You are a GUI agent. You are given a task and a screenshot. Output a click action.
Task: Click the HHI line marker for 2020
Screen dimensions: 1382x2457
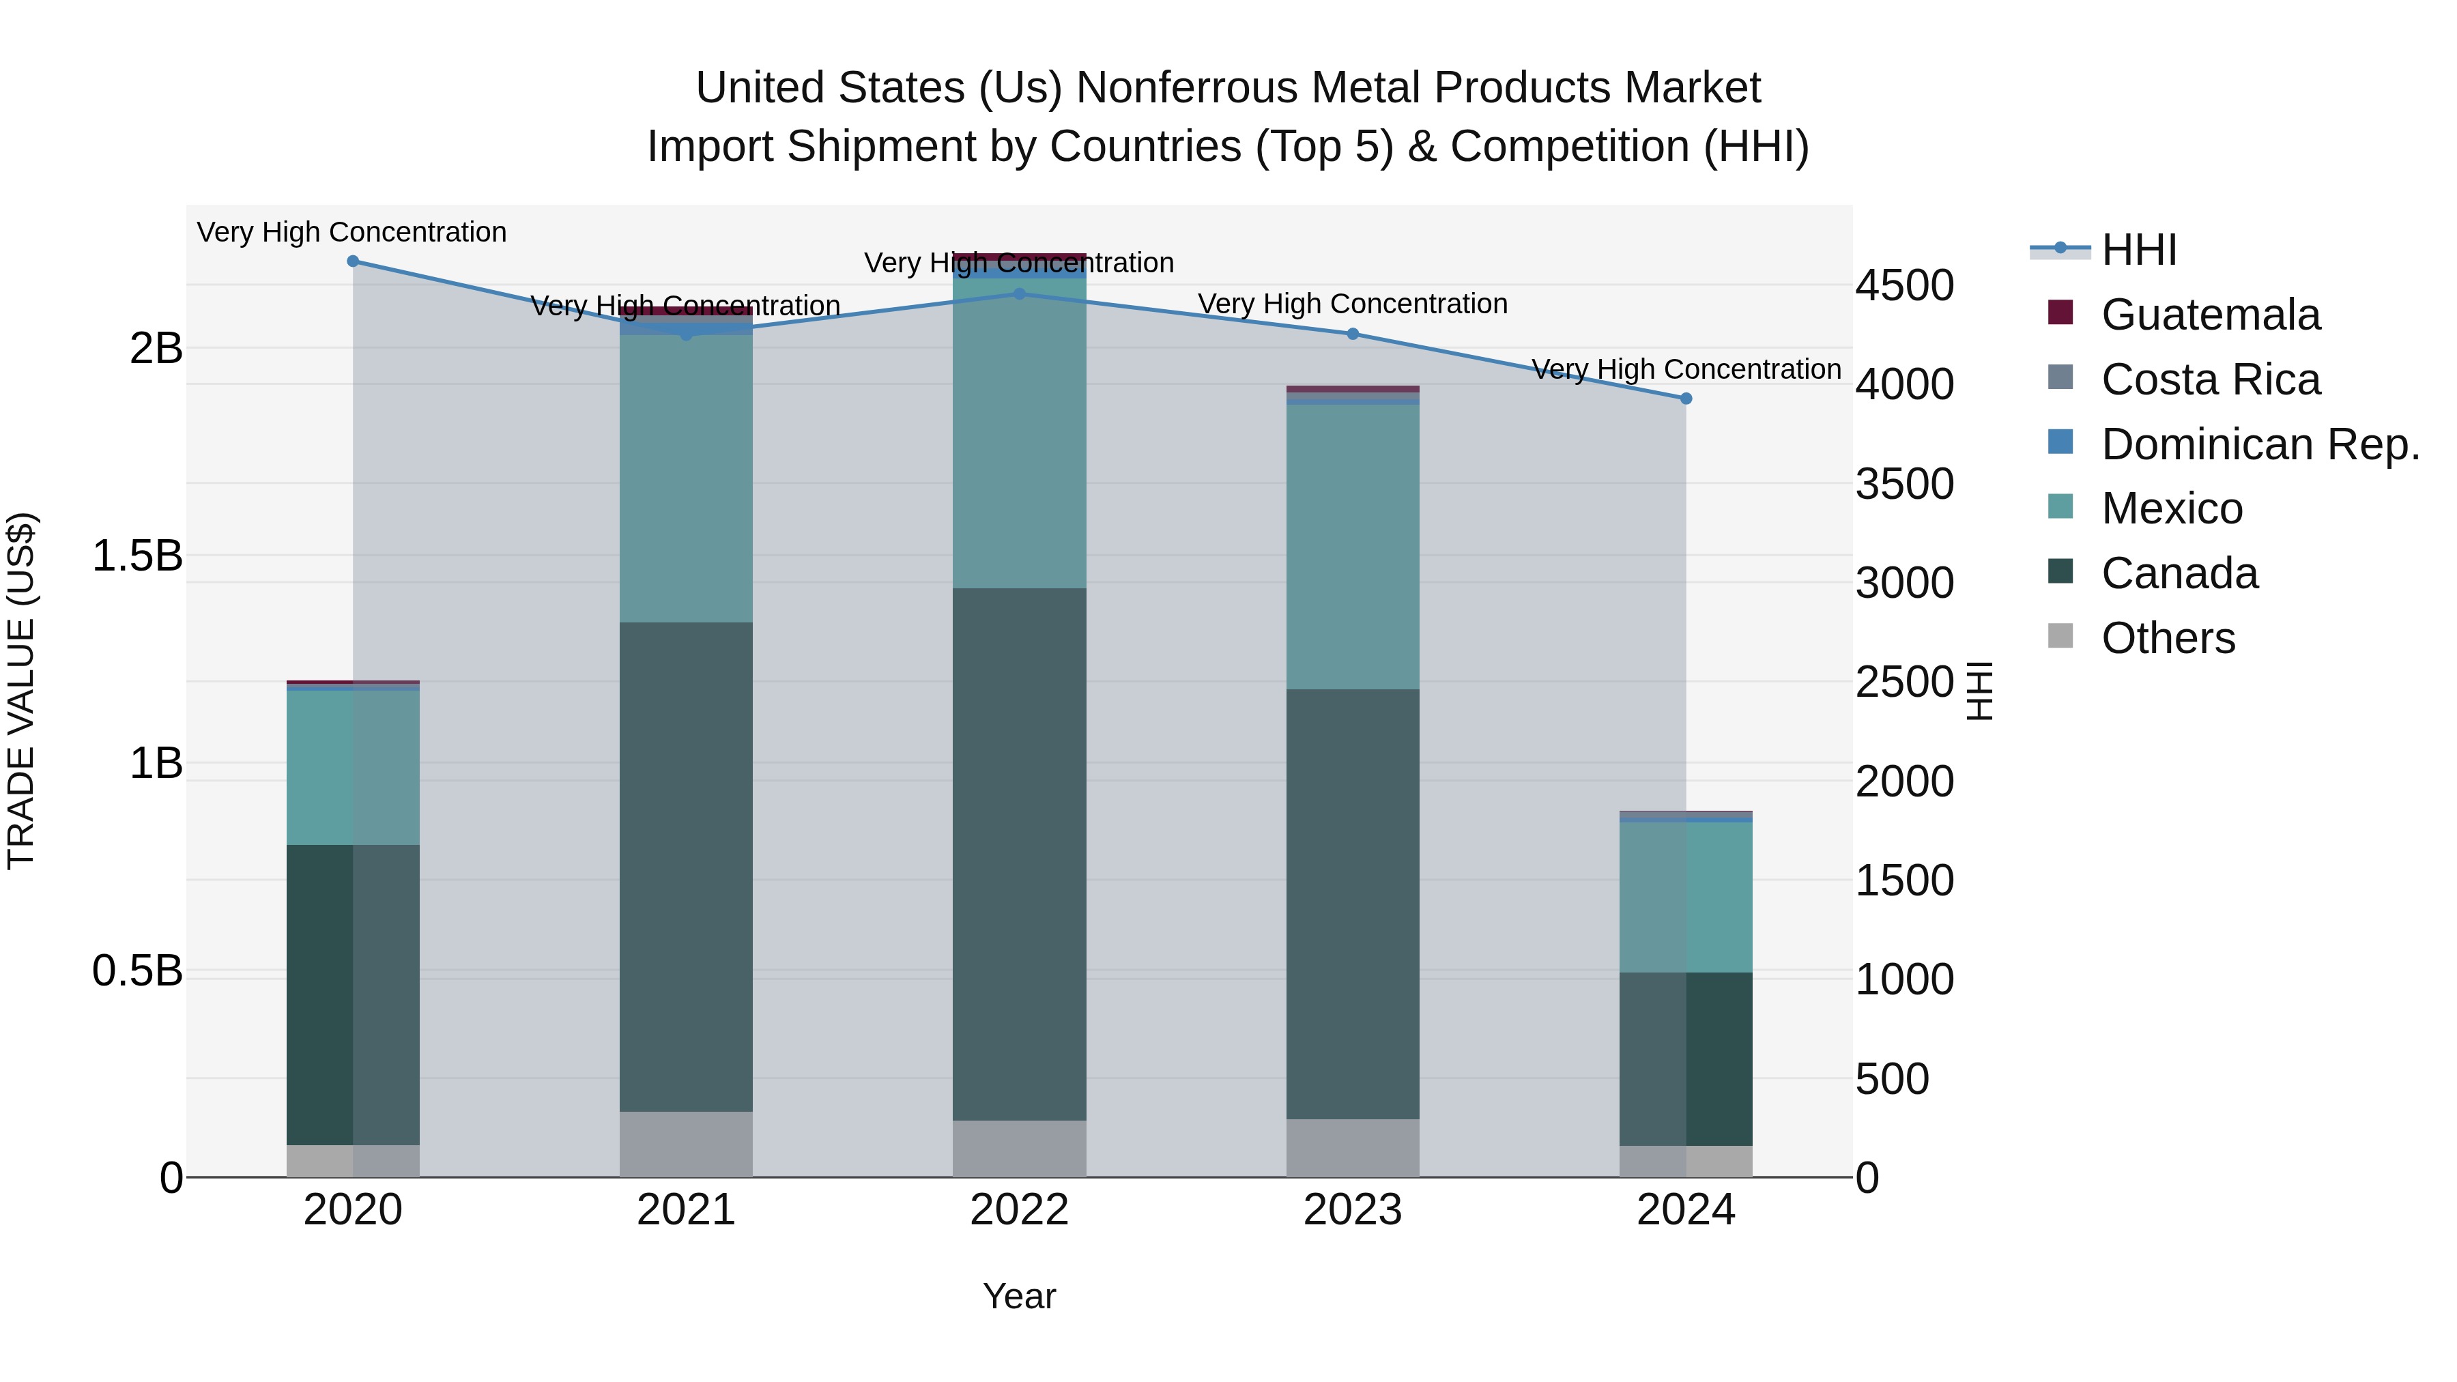coord(353,261)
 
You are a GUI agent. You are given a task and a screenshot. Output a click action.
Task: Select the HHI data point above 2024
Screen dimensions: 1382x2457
coord(1685,399)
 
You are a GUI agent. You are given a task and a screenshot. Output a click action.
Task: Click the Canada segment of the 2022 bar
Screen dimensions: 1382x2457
coord(1019,854)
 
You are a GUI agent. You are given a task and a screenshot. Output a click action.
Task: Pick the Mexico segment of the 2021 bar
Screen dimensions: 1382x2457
coord(686,477)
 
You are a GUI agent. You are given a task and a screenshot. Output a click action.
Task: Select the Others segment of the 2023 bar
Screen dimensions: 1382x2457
coord(1353,1149)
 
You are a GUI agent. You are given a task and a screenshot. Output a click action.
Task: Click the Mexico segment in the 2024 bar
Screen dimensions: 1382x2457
coord(1685,897)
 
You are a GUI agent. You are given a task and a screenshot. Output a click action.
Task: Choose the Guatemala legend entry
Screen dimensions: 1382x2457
coord(2209,315)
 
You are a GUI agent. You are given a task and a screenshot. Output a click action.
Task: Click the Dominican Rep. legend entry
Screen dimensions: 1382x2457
coord(2258,444)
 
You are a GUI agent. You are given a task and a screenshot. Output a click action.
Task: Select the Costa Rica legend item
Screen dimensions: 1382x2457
coord(2209,379)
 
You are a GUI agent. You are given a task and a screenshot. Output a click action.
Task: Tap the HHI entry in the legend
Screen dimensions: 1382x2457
coord(2138,250)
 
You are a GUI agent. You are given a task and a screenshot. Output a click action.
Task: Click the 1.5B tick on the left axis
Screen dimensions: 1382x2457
coord(136,556)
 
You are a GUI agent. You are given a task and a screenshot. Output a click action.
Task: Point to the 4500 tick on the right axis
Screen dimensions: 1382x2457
coord(1903,285)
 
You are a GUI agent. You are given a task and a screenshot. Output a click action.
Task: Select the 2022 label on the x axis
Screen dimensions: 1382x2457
coord(1019,1210)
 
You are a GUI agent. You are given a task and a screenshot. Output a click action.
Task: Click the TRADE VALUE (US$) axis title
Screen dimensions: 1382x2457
coord(21,691)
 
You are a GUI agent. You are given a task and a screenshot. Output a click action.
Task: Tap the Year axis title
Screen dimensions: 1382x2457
coord(1019,1296)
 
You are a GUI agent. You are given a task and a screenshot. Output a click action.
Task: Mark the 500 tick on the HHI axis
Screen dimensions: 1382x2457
coord(1891,1079)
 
